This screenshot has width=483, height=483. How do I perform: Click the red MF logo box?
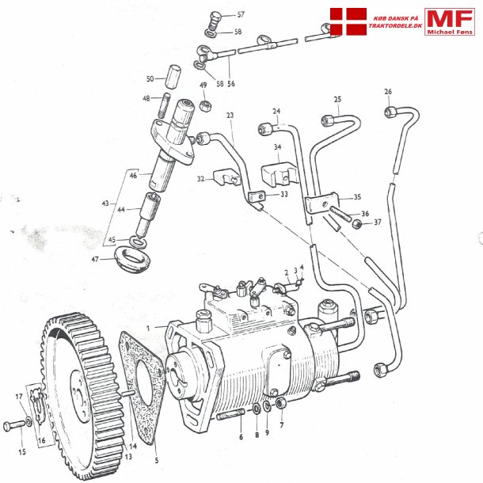(450, 22)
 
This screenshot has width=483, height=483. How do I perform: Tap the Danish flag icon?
(348, 22)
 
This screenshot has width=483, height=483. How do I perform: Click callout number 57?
(241, 15)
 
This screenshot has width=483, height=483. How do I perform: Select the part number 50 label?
(150, 78)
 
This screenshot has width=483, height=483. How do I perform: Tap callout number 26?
(388, 91)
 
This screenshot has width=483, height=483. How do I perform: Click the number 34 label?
(277, 146)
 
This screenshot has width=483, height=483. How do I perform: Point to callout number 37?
(377, 222)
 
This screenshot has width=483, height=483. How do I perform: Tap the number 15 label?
(22, 452)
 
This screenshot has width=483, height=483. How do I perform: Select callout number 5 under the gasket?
(156, 461)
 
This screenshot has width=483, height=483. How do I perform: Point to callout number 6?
(241, 436)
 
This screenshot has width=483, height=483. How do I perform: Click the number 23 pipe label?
(230, 116)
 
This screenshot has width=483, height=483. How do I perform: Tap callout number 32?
(201, 180)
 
